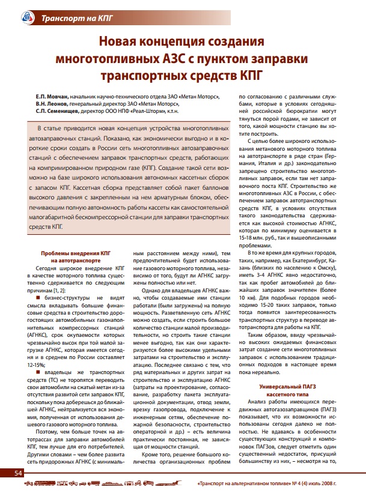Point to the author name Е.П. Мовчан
(x=51, y=95)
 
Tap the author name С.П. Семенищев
(x=55, y=111)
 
